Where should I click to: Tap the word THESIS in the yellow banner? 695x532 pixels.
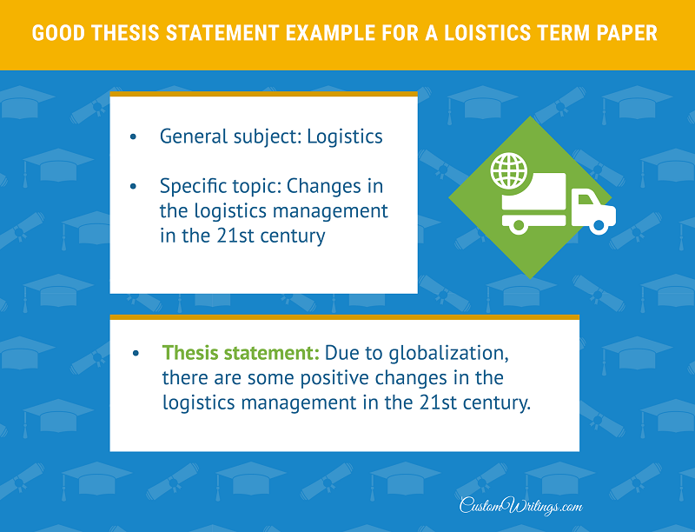[x=125, y=33]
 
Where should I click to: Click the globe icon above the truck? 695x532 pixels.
[x=509, y=170]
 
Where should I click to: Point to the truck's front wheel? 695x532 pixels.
[x=599, y=226]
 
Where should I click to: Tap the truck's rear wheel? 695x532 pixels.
[x=519, y=226]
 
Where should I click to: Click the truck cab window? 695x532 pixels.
[x=585, y=200]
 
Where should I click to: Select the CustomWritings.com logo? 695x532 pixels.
[x=520, y=505]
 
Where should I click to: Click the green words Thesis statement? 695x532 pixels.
[x=241, y=353]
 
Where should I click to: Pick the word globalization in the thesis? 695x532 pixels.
[x=448, y=354]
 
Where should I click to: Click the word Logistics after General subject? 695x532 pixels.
[x=345, y=137]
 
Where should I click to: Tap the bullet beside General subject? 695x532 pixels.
[x=133, y=136]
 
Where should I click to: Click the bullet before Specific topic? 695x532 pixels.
[x=133, y=186]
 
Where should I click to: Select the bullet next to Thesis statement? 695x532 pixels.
[x=136, y=353]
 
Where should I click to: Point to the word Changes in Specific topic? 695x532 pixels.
[x=324, y=187]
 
